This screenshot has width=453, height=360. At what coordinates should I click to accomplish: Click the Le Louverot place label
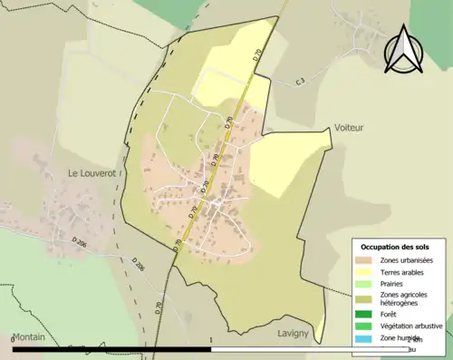[x=93, y=171]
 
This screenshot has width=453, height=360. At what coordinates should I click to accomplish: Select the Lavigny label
[x=295, y=333]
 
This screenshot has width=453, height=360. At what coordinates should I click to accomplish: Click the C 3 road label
[x=299, y=82]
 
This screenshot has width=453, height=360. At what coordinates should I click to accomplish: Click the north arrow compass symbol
[x=403, y=50]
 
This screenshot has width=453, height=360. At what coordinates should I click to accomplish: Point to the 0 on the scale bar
[x=13, y=339]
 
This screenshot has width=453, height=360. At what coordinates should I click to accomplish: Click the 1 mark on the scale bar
[x=210, y=339]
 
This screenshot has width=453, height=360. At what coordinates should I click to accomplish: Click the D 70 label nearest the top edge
[x=258, y=54]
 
